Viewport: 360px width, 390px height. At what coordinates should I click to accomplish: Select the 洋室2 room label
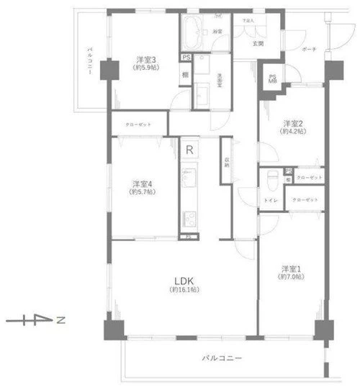pyautogui.click(x=292, y=122)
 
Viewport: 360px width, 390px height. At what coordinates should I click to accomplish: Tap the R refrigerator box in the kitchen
pyautogui.click(x=189, y=150)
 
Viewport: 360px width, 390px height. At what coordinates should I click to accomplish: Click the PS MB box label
pyautogui.click(x=273, y=79)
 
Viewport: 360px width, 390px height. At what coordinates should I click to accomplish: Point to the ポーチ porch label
pyautogui.click(x=310, y=49)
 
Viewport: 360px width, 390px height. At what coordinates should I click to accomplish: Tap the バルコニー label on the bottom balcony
pyautogui.click(x=221, y=358)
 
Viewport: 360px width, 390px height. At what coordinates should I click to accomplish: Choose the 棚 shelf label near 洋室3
pyautogui.click(x=185, y=74)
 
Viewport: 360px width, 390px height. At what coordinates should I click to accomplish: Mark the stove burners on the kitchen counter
pyautogui.click(x=189, y=217)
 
